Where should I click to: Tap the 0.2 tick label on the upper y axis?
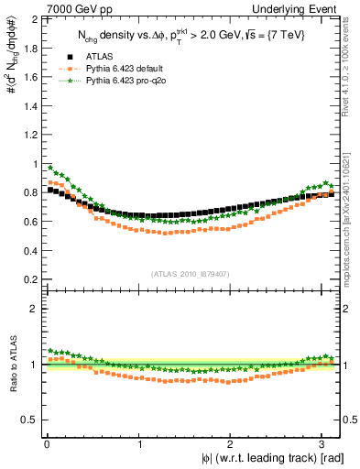(29, 277)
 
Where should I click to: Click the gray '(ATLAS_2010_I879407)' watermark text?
(191, 273)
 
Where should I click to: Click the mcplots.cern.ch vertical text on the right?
(352, 197)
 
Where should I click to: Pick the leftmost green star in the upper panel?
(50, 168)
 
